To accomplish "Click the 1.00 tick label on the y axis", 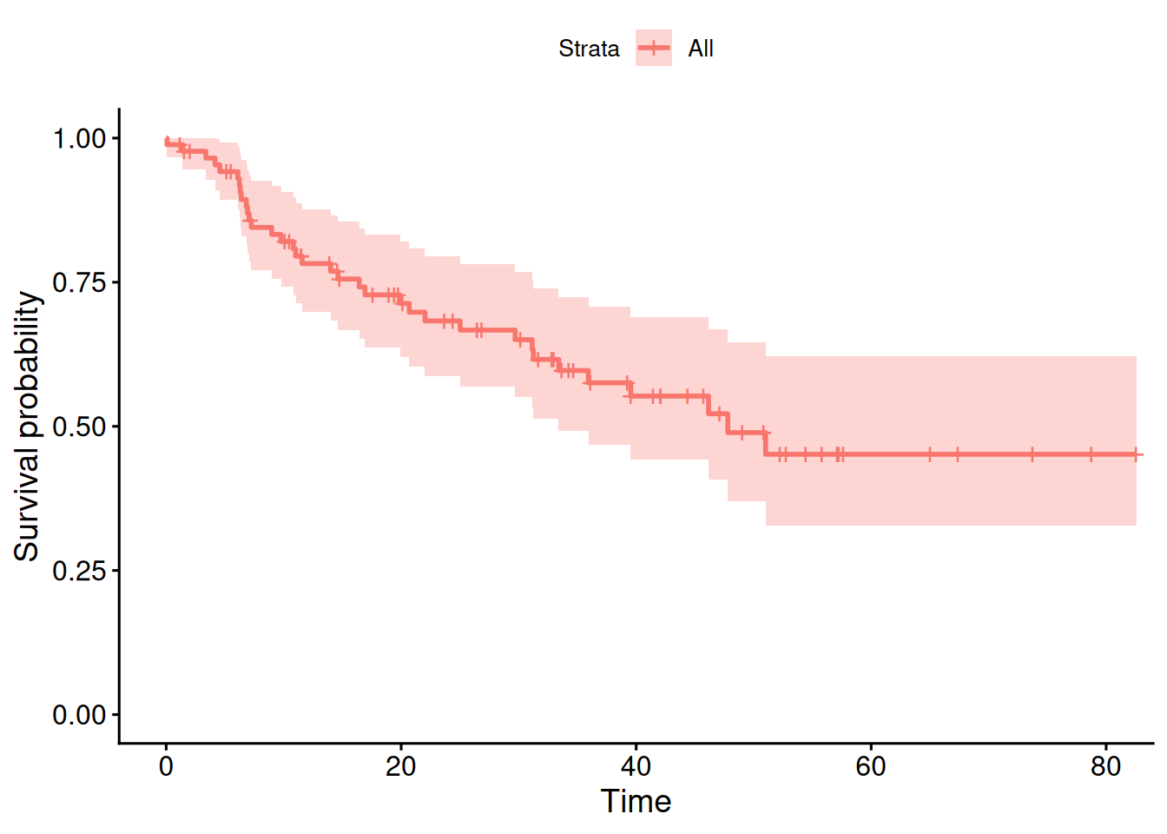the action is click(x=79, y=139).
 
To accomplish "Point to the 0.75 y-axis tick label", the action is click(x=79, y=282).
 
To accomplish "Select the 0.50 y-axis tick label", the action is click(x=79, y=427).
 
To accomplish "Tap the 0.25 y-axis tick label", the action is click(x=79, y=570).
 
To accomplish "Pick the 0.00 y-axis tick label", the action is click(x=79, y=714).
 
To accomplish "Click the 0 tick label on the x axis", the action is click(x=166, y=766).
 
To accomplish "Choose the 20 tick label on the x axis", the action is click(x=400, y=766).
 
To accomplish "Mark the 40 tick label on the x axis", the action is click(x=636, y=766).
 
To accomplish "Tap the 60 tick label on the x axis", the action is click(x=871, y=766).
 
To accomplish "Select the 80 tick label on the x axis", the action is click(x=1105, y=766).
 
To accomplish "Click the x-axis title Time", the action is click(x=636, y=801).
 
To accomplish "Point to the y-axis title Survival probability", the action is click(x=27, y=426).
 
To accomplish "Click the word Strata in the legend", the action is click(x=589, y=49).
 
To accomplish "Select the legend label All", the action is click(x=700, y=49).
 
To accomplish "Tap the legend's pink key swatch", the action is click(x=653, y=48).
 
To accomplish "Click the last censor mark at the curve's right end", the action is click(x=1136, y=454).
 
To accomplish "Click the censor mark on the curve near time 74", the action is click(x=1032, y=454).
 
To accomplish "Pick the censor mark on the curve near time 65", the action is click(x=929, y=454).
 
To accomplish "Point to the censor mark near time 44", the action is click(x=687, y=396).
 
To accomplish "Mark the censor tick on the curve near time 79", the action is click(x=1091, y=454).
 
